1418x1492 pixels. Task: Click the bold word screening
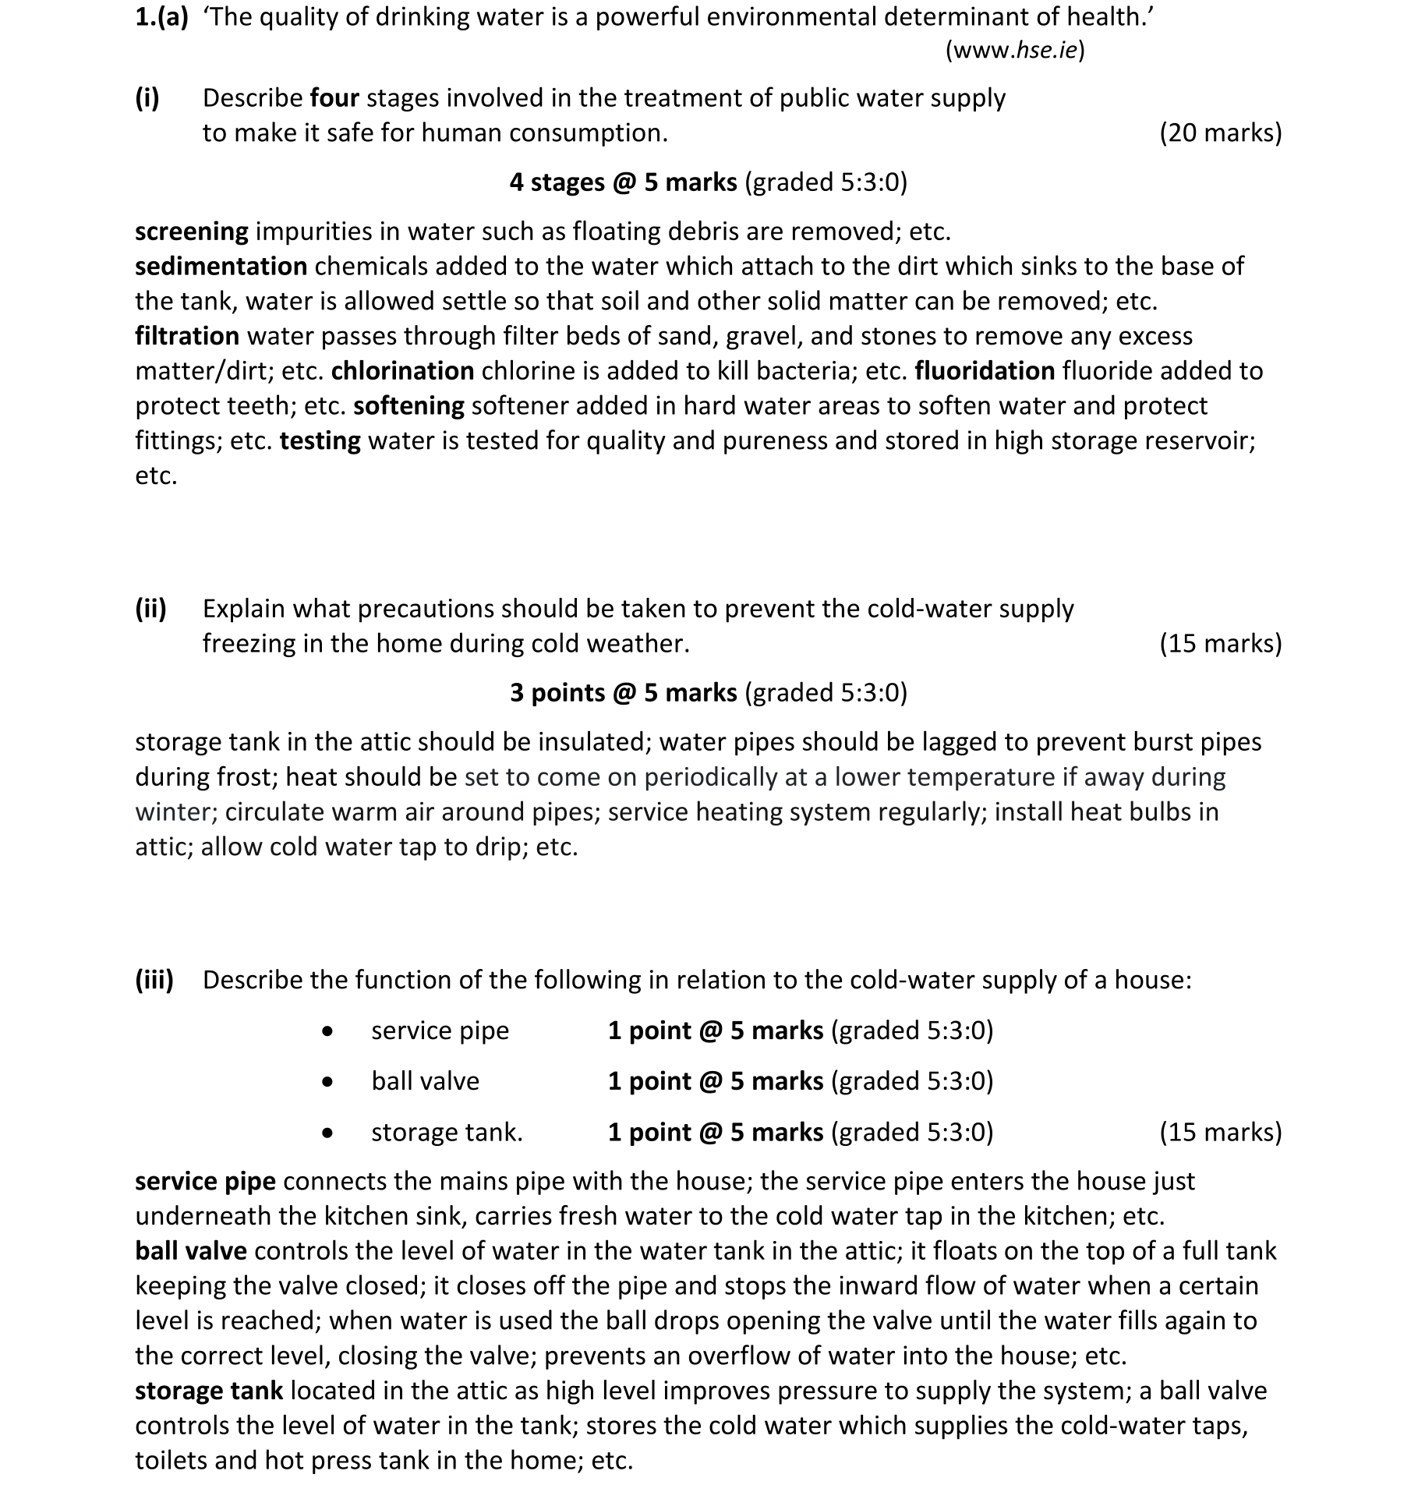point(191,232)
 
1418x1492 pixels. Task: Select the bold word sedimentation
point(221,267)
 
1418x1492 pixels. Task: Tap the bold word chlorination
point(402,371)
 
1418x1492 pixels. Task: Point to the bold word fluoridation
point(984,371)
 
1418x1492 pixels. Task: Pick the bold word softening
point(408,406)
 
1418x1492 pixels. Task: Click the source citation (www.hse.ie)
point(1014,51)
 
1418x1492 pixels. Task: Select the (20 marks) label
point(1220,133)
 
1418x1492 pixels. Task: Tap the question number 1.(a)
point(161,17)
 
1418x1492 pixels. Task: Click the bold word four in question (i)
point(334,98)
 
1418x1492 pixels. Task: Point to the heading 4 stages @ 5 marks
point(623,182)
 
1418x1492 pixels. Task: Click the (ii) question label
point(150,609)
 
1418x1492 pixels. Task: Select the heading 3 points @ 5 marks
point(623,693)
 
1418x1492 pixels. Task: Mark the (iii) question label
point(154,980)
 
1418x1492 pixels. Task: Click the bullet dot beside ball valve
point(328,1082)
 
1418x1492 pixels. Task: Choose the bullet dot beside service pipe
point(328,1031)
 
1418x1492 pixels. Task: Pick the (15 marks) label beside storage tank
point(1220,1133)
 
